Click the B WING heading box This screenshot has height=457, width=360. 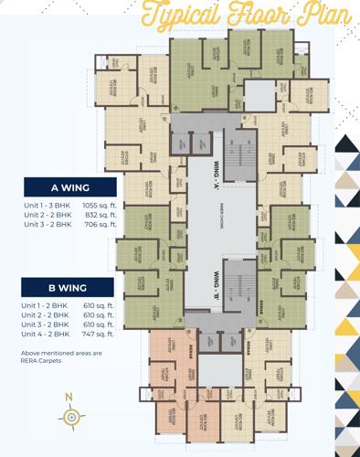(69, 287)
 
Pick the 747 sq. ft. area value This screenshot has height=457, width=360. (99, 333)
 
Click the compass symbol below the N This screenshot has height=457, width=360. (70, 416)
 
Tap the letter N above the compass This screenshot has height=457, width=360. (69, 395)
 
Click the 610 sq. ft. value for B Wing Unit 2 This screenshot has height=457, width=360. (99, 314)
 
